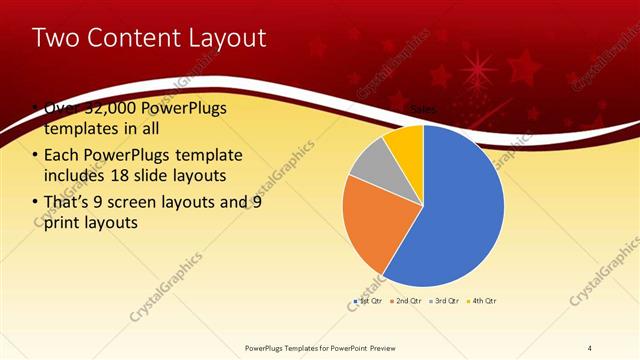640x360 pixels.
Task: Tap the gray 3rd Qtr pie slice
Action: [x=369, y=164]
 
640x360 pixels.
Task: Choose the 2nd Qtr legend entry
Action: [x=404, y=300]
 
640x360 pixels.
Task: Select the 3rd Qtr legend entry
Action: [x=443, y=300]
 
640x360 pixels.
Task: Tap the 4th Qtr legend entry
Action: [x=482, y=300]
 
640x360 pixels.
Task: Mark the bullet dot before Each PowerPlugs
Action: [x=35, y=155]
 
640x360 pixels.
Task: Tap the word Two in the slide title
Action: [x=53, y=38]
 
